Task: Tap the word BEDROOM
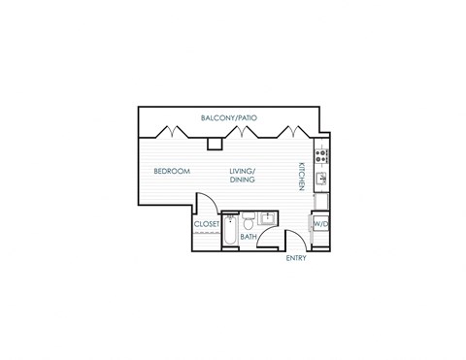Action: [x=172, y=171]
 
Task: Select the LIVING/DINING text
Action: [x=244, y=176]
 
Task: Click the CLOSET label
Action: [x=206, y=224]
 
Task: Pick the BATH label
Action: [x=249, y=236]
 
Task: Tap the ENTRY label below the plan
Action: [x=296, y=259]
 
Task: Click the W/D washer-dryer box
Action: [x=319, y=225]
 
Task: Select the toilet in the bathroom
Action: [x=249, y=219]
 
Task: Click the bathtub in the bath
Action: [x=229, y=231]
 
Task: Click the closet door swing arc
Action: [x=207, y=204]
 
